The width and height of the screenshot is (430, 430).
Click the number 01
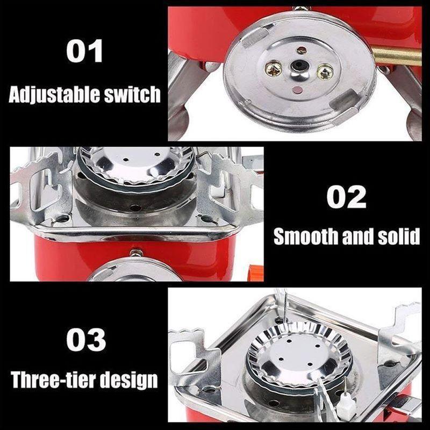click(x=85, y=52)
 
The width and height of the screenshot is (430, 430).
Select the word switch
click(x=132, y=95)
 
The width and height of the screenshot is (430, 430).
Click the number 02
click(x=347, y=197)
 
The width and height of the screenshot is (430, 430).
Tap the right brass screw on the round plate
click(x=325, y=70)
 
